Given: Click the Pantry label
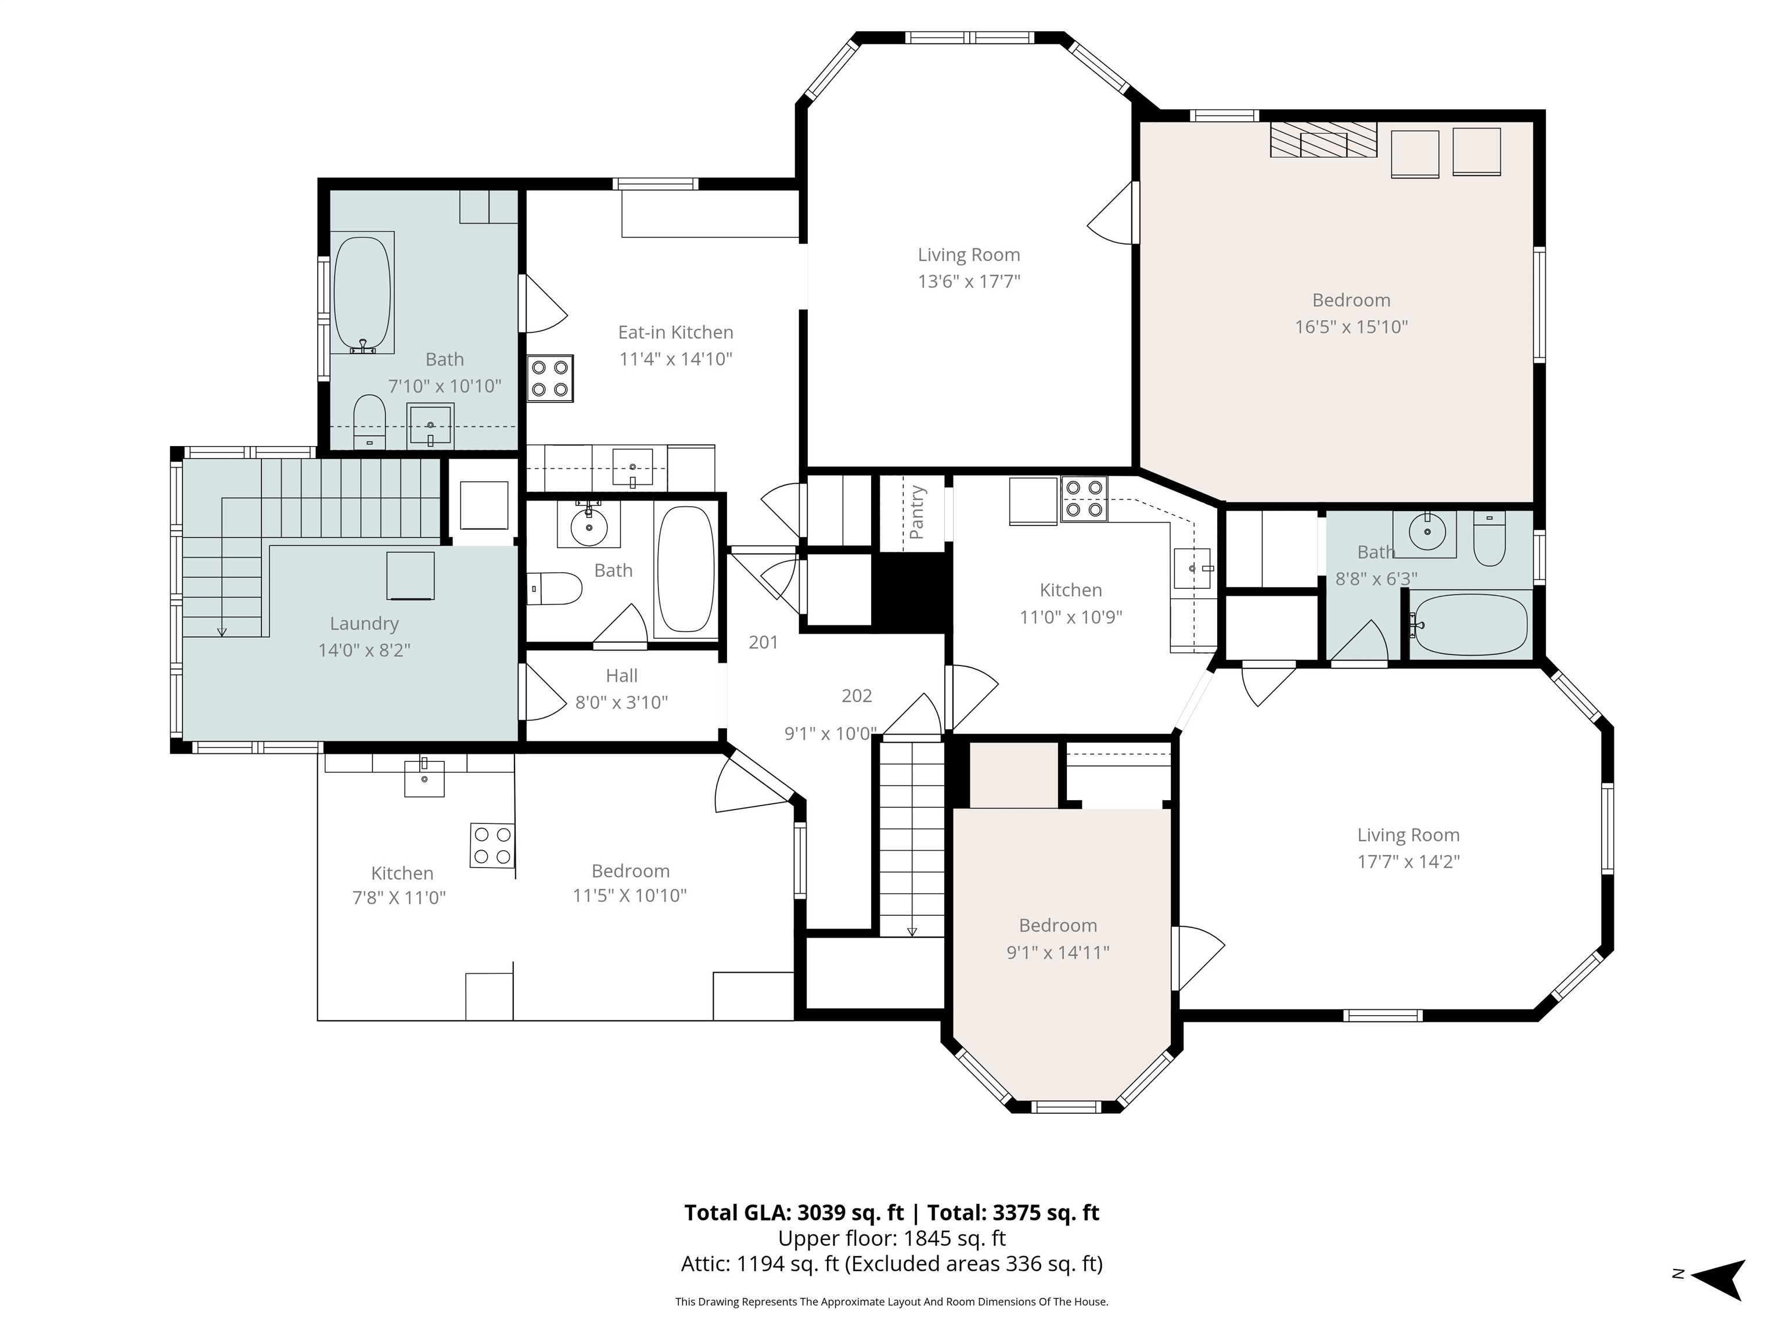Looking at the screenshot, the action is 916,512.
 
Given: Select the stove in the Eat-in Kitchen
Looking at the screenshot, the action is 550,378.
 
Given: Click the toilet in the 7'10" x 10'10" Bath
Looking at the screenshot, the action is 370,421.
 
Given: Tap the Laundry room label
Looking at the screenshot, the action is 365,624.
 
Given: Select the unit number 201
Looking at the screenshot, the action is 763,642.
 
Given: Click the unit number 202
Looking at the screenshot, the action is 857,695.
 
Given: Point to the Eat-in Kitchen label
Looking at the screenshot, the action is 676,332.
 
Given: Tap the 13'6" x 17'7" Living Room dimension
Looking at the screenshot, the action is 969,282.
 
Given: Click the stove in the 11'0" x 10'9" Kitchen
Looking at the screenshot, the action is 1084,499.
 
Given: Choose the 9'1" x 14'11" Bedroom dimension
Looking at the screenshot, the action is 1058,952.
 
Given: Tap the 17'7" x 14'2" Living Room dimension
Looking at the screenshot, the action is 1408,861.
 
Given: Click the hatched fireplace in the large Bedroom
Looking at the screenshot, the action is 1323,141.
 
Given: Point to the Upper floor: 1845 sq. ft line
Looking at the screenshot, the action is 891,1238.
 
